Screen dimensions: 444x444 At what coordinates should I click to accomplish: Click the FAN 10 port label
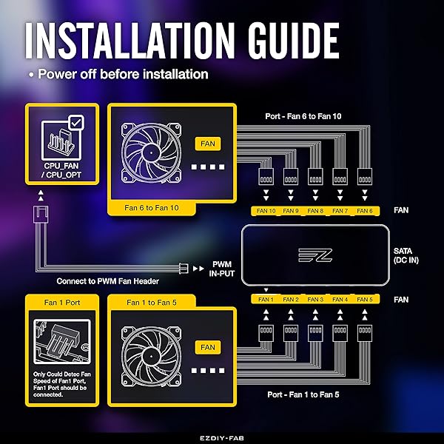[x=266, y=211]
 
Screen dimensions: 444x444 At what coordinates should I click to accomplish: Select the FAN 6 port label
[x=365, y=211]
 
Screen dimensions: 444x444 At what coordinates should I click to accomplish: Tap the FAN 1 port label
[x=266, y=299]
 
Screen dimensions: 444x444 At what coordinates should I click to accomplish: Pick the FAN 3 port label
[x=315, y=299]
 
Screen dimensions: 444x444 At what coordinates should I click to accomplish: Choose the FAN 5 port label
[x=365, y=299]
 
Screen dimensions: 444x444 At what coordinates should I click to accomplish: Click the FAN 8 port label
[x=315, y=211]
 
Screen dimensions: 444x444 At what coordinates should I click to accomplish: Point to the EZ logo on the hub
[x=315, y=255]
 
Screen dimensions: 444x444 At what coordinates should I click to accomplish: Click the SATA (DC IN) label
[x=406, y=255]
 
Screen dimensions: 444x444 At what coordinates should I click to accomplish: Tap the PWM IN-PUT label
[x=222, y=269]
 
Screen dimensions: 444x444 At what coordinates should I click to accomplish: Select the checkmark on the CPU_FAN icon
[x=76, y=123]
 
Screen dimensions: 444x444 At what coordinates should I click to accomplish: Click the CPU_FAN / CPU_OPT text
[x=61, y=170]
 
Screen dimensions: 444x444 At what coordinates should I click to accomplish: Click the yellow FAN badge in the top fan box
[x=208, y=144]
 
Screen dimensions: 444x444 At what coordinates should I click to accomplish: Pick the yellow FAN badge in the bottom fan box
[x=208, y=348]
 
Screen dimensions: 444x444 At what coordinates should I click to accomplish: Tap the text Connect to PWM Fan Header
[x=107, y=281]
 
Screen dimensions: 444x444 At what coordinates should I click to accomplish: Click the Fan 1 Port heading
[x=62, y=303]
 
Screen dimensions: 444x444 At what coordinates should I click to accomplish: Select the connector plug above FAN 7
[x=340, y=176]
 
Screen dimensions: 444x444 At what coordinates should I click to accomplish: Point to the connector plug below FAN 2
[x=291, y=333]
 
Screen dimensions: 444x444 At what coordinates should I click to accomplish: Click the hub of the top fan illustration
[x=151, y=153]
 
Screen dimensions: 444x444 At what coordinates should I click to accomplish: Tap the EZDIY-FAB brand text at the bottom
[x=222, y=438]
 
